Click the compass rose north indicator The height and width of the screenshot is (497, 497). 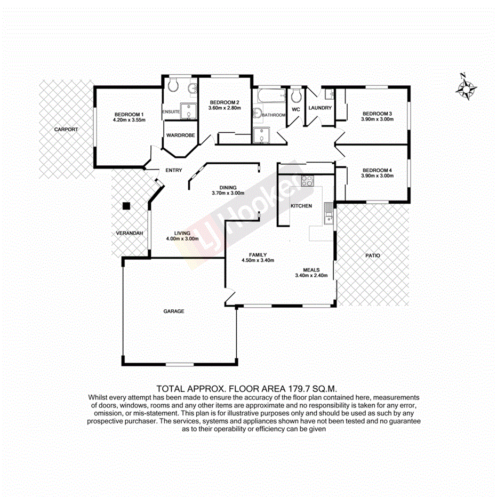[x=466, y=87]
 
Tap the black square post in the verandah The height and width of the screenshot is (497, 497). [x=126, y=206]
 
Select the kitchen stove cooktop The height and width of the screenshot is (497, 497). [x=307, y=181]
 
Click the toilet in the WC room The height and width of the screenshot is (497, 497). [x=296, y=95]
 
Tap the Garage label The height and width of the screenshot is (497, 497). [x=174, y=311]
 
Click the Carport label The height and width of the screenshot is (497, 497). [x=66, y=130]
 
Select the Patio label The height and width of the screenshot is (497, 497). [x=373, y=255]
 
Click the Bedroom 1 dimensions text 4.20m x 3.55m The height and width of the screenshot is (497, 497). [x=129, y=120]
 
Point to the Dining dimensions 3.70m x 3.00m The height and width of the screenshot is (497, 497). [x=228, y=193]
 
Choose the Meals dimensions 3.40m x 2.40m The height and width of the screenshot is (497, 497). [x=314, y=276]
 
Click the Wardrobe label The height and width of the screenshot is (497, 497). [x=180, y=135]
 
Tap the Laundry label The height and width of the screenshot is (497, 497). [x=320, y=108]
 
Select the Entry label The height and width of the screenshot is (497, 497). [x=174, y=171]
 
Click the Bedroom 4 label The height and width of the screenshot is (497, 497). [x=378, y=170]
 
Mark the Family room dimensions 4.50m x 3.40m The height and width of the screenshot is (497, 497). [x=258, y=261]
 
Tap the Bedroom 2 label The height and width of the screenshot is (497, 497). [x=225, y=102]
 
